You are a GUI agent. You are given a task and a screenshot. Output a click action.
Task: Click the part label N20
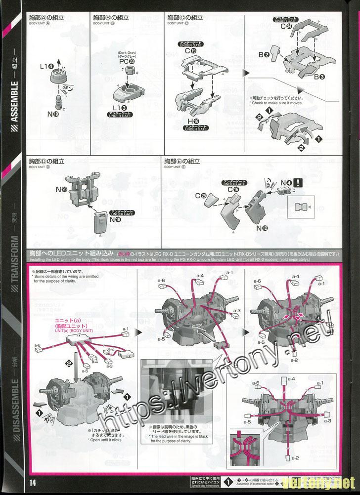click(62, 189)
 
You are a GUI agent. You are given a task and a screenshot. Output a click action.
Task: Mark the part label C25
click(200, 196)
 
